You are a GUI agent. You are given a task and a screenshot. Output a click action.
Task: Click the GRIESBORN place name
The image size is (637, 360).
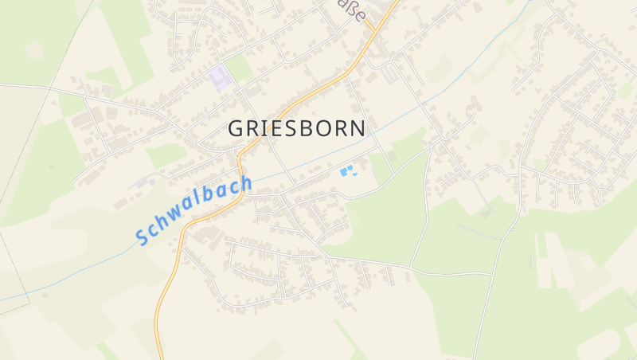click(x=297, y=128)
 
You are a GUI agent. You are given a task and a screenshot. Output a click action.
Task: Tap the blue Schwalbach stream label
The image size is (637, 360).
click(x=193, y=210)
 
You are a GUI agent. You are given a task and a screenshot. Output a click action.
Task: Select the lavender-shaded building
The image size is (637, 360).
click(x=221, y=77)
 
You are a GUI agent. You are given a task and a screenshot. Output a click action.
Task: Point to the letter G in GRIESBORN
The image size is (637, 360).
click(x=236, y=128)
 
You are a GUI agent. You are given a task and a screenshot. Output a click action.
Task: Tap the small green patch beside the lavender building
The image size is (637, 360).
click(x=240, y=68)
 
